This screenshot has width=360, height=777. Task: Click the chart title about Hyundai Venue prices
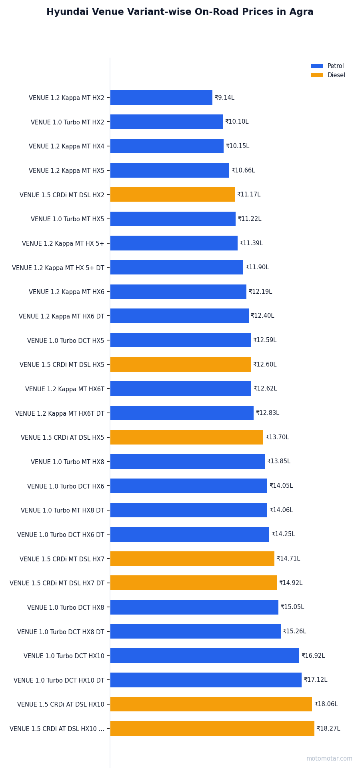180,12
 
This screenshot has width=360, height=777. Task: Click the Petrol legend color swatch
317,66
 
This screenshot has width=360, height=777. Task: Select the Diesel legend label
336,75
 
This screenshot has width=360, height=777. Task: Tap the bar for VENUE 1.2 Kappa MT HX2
161,98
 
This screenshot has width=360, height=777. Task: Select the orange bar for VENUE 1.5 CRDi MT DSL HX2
172,194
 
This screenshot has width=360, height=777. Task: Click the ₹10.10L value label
237,122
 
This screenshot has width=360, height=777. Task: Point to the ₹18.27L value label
328,729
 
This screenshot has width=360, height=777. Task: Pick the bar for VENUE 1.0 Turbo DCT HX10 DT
206,680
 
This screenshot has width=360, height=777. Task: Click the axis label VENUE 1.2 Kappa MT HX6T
64,389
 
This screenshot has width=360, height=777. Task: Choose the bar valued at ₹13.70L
186,437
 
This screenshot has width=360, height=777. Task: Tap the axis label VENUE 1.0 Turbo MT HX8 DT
62,511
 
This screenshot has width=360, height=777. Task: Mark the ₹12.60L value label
265,364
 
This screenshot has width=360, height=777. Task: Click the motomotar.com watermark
329,759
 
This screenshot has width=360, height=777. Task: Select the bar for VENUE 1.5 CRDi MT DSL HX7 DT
193,583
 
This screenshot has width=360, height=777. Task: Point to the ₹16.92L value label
313,656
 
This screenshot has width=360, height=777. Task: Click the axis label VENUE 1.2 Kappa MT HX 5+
63,244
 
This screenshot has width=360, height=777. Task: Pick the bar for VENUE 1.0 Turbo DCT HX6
188,486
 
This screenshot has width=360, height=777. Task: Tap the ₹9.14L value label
224,98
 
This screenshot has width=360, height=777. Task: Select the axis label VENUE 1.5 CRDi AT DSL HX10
60,705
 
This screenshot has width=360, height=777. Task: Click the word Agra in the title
302,12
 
